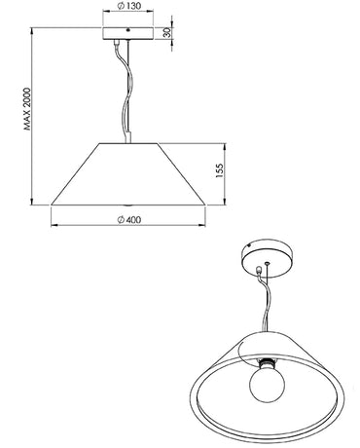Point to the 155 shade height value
(221, 172)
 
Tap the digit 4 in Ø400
(124, 219)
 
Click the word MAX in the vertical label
(28, 128)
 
